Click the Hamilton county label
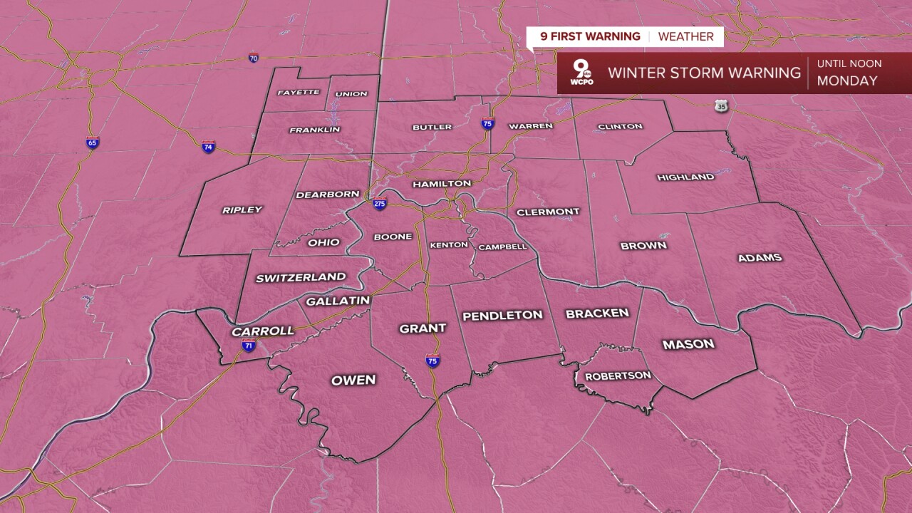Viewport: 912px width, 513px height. [442, 184]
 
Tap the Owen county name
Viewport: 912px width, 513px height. [353, 380]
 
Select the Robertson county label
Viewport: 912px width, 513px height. [608, 375]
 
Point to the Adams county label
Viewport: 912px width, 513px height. [760, 257]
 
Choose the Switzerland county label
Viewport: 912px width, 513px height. [301, 277]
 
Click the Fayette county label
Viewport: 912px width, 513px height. [298, 93]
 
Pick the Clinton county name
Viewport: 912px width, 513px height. [620, 126]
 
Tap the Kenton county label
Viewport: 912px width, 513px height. [449, 245]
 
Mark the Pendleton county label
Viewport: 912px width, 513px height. [502, 315]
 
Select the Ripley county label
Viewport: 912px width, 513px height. [242, 209]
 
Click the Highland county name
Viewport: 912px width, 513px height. [685, 177]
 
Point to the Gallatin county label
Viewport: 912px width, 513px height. [338, 301]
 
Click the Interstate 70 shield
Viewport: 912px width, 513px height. [254, 58]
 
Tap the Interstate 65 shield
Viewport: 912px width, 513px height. [92, 142]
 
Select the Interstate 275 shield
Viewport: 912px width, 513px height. [379, 204]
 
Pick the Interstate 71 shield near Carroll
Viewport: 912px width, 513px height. [249, 346]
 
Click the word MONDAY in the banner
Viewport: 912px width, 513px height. [847, 81]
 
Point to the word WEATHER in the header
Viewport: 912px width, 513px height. [685, 36]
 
